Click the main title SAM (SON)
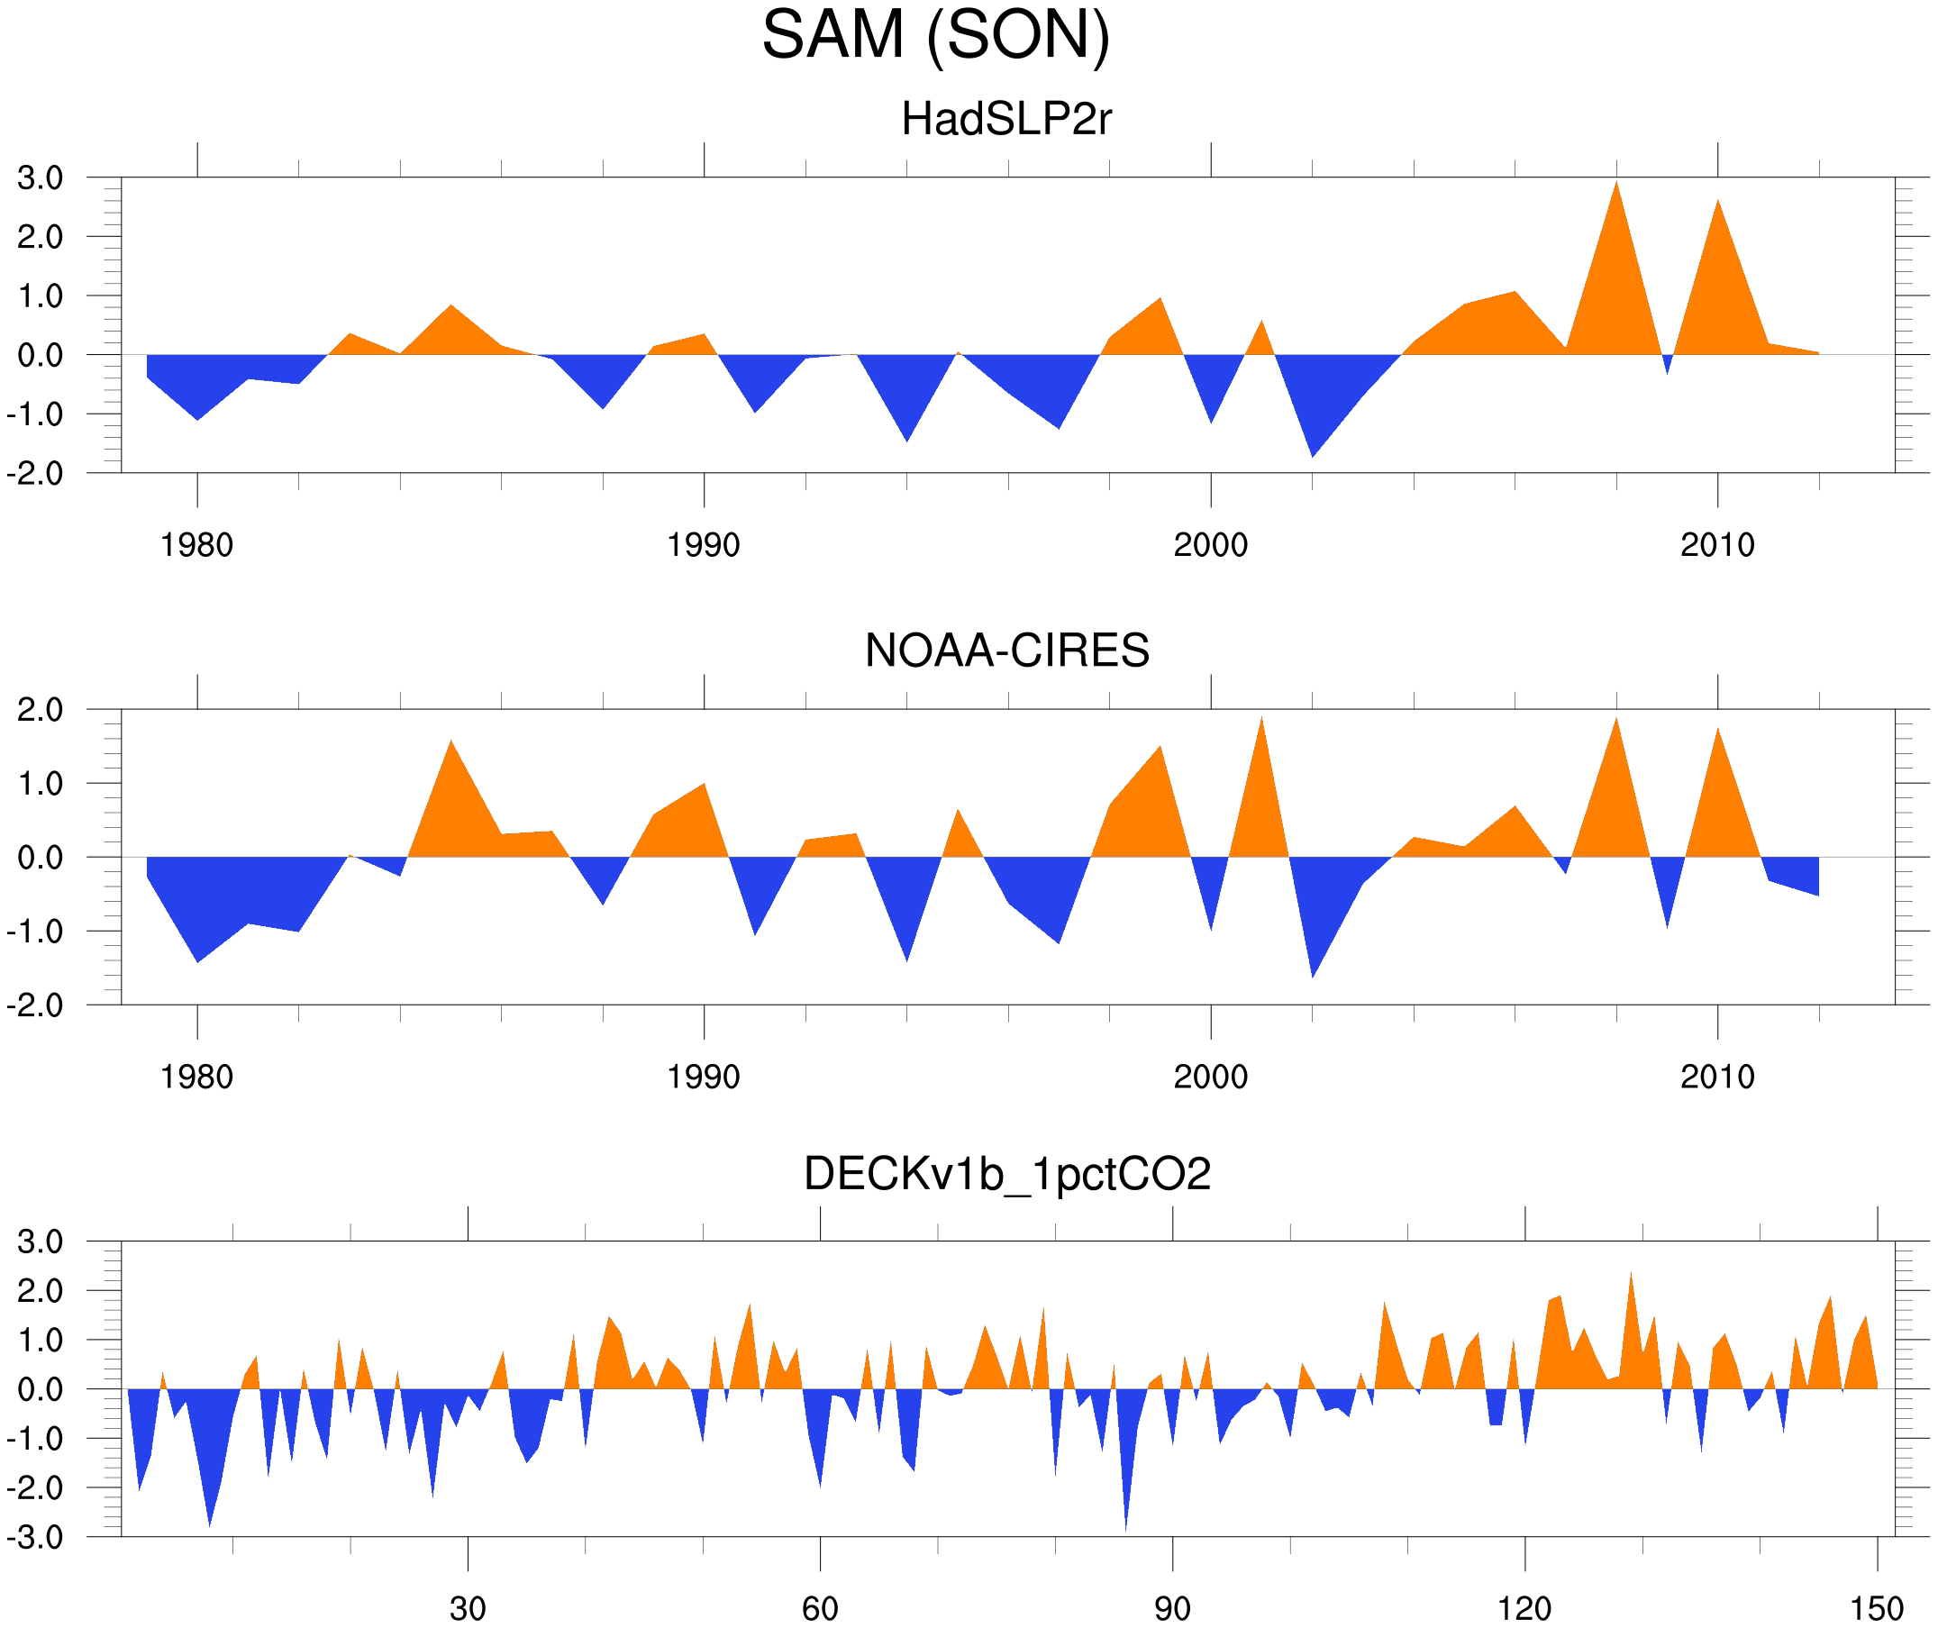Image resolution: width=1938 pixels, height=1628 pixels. click(935, 35)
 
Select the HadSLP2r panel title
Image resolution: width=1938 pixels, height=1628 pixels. click(1005, 119)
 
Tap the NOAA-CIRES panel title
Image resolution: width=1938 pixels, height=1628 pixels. click(1006, 650)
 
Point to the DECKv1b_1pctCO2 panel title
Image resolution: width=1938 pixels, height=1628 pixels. click(1006, 1174)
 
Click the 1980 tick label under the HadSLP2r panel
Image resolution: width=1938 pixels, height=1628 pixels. click(196, 545)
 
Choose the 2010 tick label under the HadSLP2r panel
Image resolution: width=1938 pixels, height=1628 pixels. click(1716, 545)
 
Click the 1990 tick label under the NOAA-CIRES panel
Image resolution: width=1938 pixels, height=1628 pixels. click(704, 1077)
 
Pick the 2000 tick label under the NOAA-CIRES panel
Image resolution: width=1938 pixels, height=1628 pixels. click(1210, 1077)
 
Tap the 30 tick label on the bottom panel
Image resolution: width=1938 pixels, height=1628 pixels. click(468, 1608)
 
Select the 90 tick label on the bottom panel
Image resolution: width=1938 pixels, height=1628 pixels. click(1172, 1608)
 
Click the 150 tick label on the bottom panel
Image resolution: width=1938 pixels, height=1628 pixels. click(1877, 1608)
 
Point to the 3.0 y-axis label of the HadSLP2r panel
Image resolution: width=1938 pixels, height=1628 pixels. click(40, 178)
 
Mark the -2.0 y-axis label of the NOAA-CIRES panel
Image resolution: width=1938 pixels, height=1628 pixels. click(35, 1006)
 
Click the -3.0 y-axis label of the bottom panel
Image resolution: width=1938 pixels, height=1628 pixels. click(35, 1538)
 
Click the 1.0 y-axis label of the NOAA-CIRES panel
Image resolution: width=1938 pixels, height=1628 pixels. click(40, 785)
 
